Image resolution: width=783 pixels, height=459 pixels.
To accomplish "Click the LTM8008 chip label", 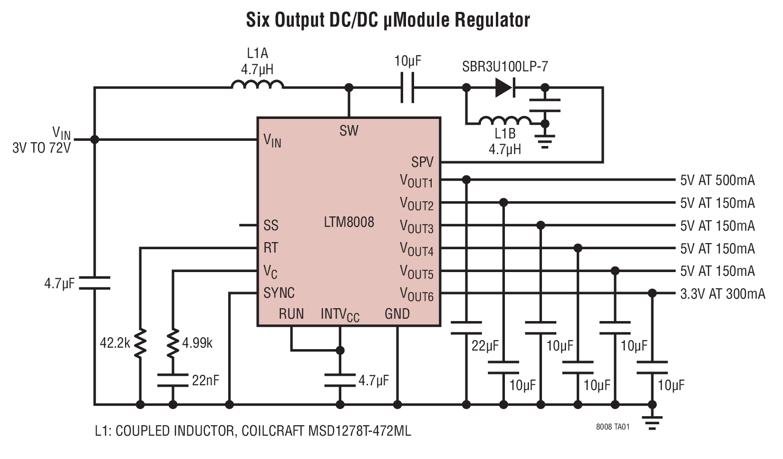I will point(348,222).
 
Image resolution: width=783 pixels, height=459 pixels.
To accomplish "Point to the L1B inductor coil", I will point(505,120).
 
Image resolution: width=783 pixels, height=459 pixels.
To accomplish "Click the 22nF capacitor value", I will point(205,380).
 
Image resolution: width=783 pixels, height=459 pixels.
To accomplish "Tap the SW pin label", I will point(348,131).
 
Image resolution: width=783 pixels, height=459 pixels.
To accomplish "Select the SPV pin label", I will point(422,163).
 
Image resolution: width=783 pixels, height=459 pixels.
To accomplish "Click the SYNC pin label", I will point(279,293).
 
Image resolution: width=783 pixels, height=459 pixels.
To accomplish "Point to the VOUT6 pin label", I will point(416,294).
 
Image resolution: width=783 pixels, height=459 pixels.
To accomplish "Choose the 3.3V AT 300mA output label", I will point(723,294).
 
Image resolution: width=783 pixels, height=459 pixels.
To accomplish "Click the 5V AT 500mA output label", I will point(717,180).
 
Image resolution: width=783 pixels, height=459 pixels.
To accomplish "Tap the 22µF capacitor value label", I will point(485,346).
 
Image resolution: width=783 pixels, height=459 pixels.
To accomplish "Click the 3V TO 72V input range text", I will point(42,148).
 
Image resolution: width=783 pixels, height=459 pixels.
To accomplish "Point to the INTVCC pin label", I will point(340,314).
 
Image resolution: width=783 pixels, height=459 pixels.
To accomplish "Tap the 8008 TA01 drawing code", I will point(612,427).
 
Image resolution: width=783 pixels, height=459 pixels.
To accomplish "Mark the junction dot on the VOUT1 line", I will point(466,180).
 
